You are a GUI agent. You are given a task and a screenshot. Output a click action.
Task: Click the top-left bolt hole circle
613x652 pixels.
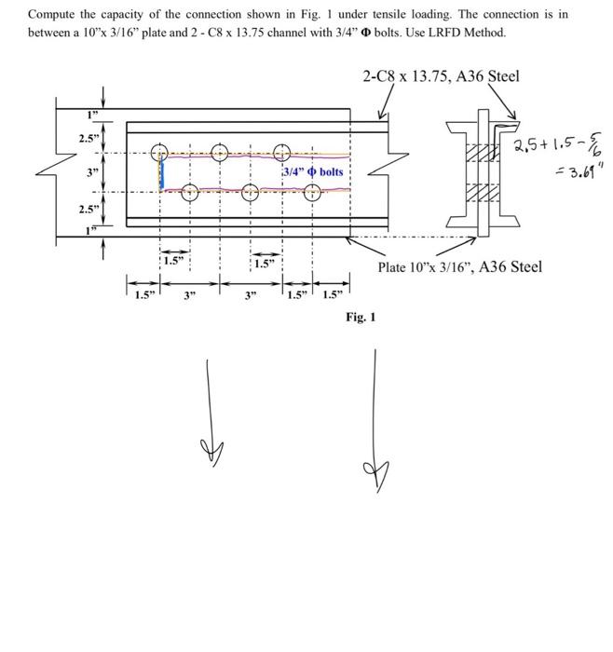(160, 153)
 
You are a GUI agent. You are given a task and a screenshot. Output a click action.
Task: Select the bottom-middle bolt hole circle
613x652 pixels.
(250, 193)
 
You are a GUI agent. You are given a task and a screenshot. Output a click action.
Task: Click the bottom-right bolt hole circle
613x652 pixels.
(312, 193)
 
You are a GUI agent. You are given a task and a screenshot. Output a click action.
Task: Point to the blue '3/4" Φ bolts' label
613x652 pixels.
(313, 172)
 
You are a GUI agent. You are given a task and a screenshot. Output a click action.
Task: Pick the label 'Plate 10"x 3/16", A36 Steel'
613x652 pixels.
(459, 267)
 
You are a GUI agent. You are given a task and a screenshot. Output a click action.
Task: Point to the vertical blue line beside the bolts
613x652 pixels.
(162, 174)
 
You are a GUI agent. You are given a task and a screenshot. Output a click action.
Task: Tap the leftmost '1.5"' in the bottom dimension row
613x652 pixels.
(143, 296)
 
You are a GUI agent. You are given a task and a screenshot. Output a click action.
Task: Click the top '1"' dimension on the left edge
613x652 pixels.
(90, 116)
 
